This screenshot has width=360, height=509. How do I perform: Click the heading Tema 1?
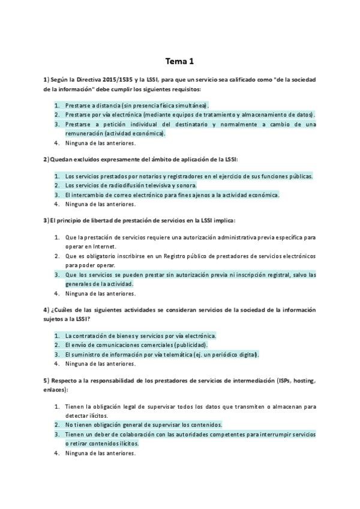[x=180, y=61]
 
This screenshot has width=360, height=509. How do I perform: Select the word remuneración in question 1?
[x=84, y=133]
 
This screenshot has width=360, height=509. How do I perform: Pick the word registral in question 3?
[x=266, y=275]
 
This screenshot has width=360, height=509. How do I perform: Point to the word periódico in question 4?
[x=220, y=355]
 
